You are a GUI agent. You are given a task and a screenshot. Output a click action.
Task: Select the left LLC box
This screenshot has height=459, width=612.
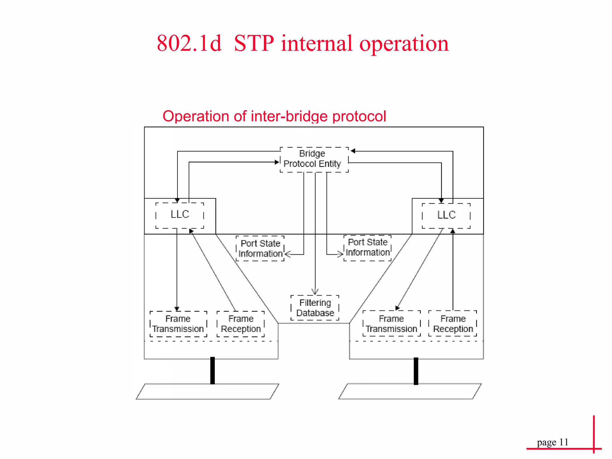point(180,215)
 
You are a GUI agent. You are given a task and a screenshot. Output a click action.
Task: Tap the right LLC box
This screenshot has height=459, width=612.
point(446,216)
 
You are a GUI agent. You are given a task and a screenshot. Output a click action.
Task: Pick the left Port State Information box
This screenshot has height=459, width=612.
point(260,248)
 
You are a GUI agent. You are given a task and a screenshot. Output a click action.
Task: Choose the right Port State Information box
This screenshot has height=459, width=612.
point(368,248)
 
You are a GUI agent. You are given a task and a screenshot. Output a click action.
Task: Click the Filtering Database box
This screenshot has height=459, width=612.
point(315,308)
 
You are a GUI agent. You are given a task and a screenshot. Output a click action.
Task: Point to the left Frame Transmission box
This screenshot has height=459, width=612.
point(178,324)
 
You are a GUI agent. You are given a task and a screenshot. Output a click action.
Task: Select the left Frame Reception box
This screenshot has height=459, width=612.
point(241,324)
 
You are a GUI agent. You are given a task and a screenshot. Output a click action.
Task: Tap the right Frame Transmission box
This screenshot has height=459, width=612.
point(391,324)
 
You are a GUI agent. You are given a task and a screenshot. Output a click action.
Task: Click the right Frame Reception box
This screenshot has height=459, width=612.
point(453,324)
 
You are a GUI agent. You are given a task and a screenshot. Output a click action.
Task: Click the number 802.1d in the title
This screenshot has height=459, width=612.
point(189,44)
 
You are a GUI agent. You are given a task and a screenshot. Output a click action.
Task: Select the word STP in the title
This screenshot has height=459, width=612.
point(254,44)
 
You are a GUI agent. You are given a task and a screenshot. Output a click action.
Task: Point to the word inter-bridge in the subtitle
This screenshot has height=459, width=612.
point(290,116)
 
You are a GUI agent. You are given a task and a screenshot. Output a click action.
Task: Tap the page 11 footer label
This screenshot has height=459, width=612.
point(553,442)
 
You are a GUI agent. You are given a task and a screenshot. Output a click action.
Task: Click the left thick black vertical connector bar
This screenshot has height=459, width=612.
point(212,371)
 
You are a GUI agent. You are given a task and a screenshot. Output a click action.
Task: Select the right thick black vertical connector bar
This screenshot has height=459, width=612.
point(416,371)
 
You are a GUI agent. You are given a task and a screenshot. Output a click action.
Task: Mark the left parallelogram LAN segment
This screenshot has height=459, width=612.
point(207,391)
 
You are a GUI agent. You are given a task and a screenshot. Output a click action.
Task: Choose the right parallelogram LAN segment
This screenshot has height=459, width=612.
point(410,391)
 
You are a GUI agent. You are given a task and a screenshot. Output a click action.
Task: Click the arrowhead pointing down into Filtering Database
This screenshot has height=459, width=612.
point(315,292)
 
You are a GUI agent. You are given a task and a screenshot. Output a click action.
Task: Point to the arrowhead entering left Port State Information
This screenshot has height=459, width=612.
point(288,254)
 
